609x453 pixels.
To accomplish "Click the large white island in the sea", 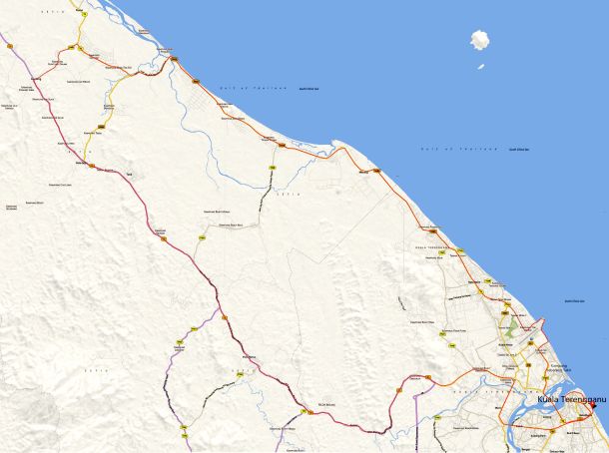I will tap(479, 41).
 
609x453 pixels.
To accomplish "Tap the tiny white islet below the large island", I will tap(480, 67).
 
